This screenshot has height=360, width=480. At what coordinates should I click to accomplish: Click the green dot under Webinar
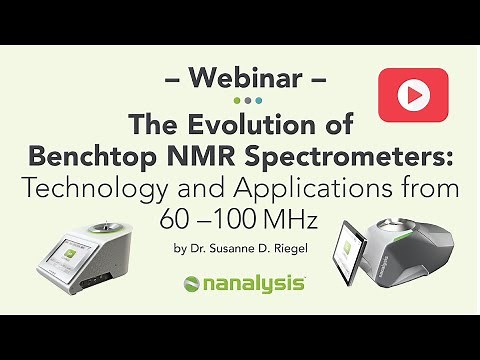tap(236, 100)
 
